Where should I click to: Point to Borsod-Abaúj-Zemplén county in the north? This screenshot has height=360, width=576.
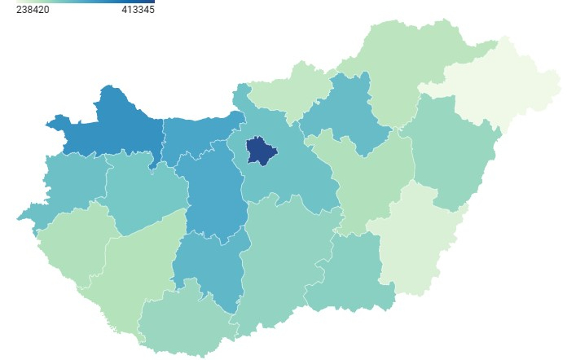coord(407,61)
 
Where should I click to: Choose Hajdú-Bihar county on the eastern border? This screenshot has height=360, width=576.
coord(448,151)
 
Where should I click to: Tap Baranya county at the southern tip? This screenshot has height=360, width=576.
coord(183,322)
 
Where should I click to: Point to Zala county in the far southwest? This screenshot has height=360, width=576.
coord(69,244)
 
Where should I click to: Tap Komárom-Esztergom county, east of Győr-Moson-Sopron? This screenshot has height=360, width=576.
coord(196,134)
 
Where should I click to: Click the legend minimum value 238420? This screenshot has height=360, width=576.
coord(33,10)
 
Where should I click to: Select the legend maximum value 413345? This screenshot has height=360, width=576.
coord(137,10)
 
